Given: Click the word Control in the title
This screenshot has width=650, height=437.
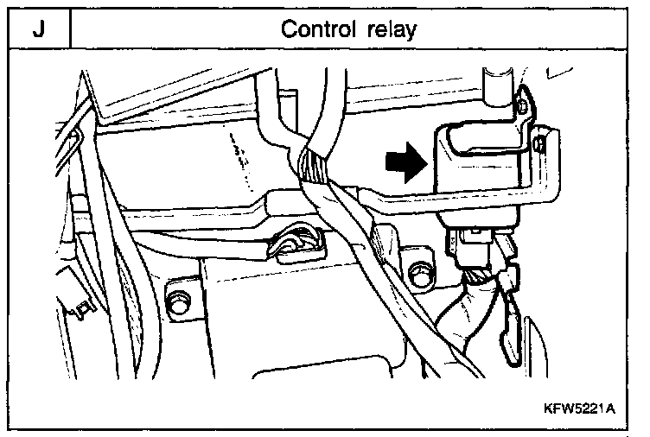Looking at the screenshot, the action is (317, 29).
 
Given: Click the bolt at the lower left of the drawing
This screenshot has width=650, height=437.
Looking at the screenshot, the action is (180, 301).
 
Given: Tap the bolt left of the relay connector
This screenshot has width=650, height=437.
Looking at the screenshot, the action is (422, 272).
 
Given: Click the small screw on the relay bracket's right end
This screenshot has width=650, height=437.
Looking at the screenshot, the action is (541, 141).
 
